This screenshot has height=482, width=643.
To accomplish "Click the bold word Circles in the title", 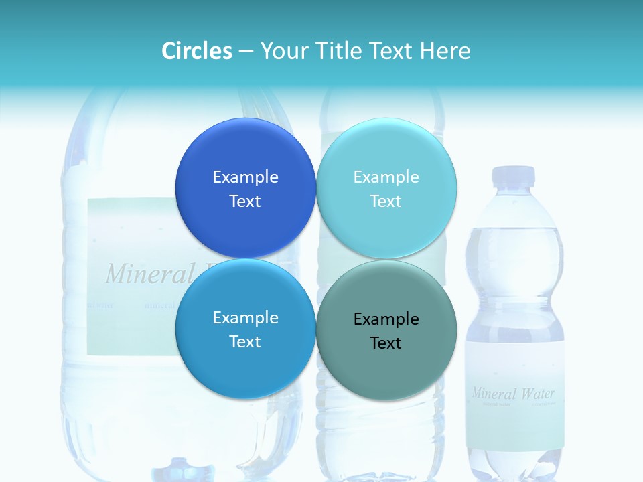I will (197, 51).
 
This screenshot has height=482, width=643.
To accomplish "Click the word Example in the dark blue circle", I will (245, 177).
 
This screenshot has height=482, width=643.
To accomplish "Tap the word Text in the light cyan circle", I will (386, 201).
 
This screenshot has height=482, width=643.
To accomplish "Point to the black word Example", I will (386, 319).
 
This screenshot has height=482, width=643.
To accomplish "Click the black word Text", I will (386, 343).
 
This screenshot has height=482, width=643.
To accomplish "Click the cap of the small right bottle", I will (514, 176).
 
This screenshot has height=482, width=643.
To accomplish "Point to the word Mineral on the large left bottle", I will (139, 274).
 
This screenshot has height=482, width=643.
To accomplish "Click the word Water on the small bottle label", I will (537, 393).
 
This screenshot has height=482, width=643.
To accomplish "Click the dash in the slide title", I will (246, 52).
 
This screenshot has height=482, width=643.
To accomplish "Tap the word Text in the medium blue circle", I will (245, 341).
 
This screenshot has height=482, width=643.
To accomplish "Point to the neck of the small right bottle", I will (514, 201).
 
